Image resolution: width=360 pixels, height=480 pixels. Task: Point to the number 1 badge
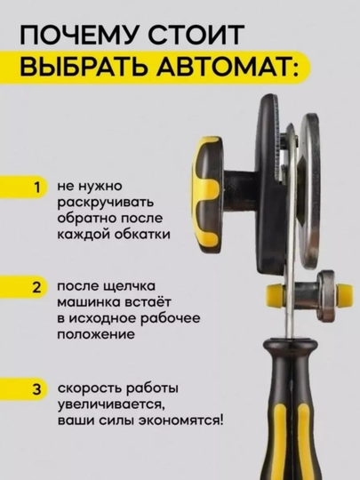point(37,187)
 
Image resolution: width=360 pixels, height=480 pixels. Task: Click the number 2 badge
point(37,287)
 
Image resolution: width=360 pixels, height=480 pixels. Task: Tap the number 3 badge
point(37,389)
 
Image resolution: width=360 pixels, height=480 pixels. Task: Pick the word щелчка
point(130,287)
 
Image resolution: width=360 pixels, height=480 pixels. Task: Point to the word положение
point(96,334)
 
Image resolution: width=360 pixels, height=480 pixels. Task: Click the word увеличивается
point(111,405)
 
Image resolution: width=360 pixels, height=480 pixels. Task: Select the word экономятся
point(180,420)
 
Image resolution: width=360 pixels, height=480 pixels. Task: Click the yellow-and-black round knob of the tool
point(206,195)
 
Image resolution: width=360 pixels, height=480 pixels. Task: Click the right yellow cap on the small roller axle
point(344,295)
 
